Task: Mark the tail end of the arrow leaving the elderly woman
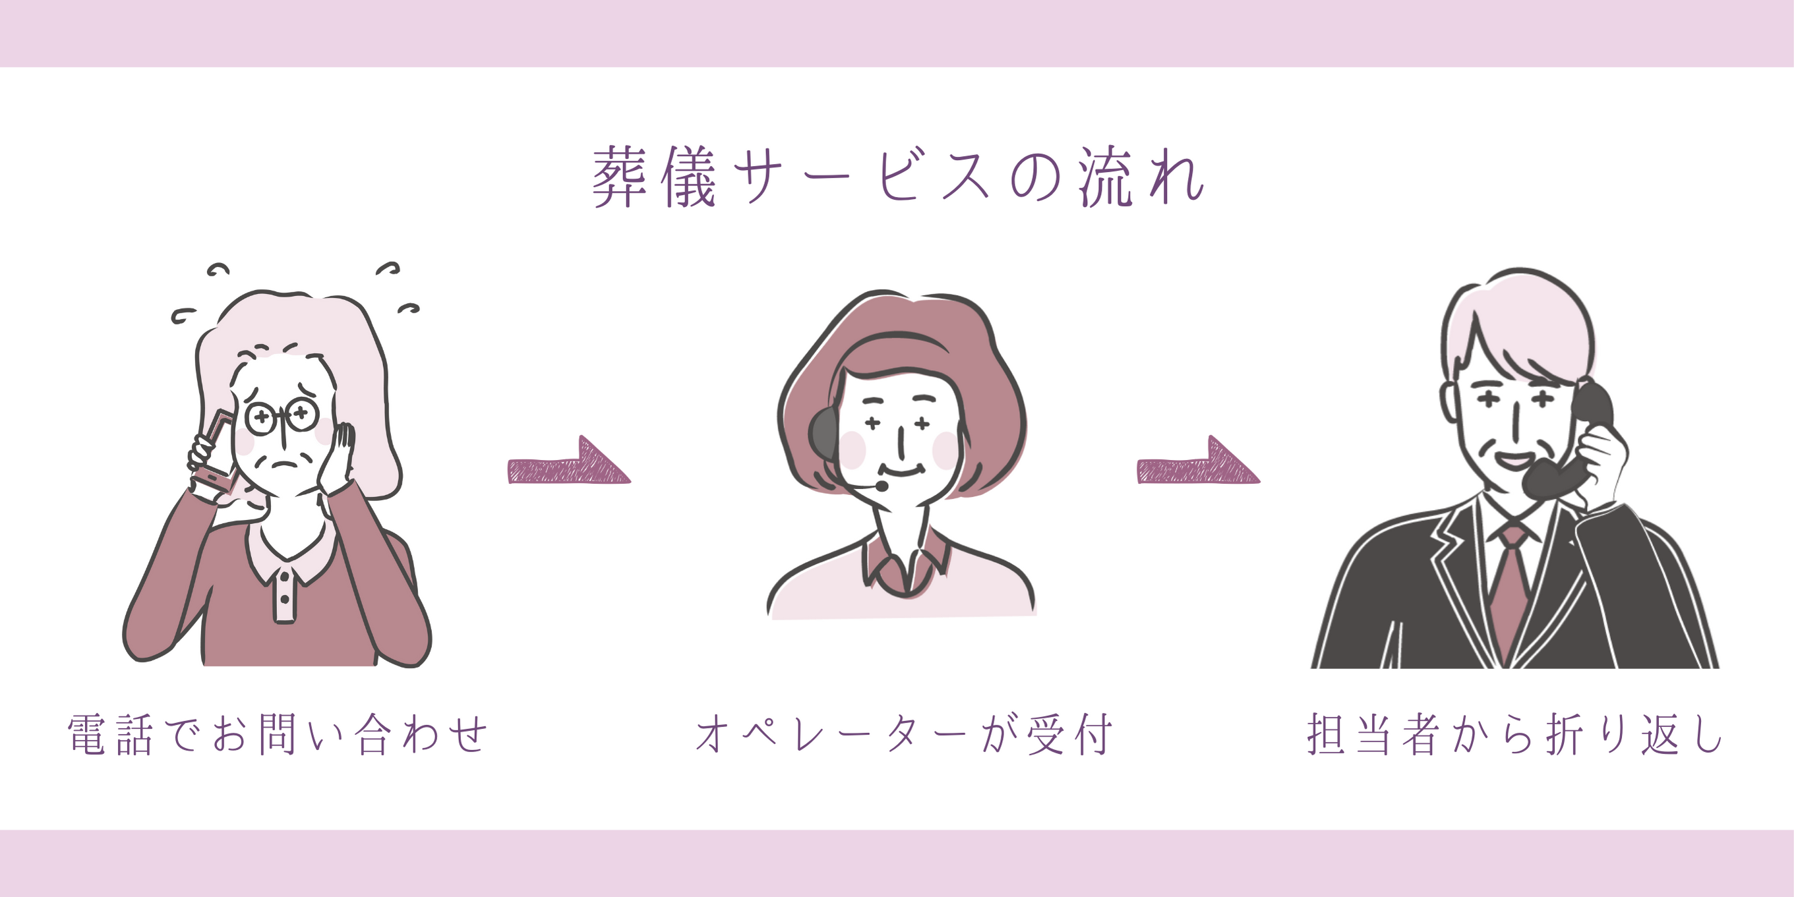510,471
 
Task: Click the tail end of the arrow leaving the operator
1139,471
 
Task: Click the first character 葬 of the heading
620,177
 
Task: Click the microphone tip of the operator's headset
882,486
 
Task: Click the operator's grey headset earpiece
824,433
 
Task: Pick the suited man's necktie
1510,593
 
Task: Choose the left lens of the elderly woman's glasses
262,418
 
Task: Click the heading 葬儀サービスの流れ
899,177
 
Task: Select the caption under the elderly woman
277,734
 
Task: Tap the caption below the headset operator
904,734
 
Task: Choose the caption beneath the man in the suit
1514,734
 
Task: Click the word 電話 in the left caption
110,734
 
